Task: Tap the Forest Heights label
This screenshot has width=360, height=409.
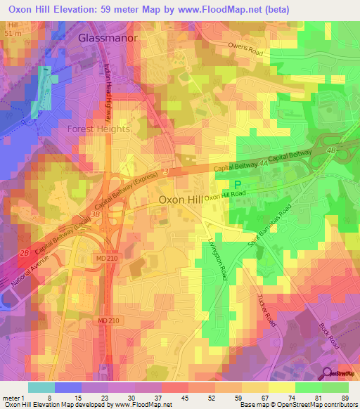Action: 98,129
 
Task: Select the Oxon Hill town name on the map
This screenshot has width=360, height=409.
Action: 180,200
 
